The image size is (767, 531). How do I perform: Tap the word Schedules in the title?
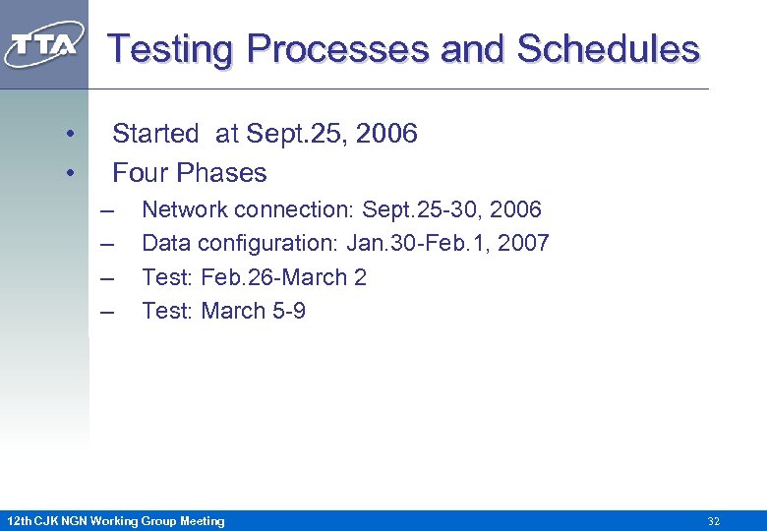coord(608,48)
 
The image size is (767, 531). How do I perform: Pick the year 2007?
coord(523,244)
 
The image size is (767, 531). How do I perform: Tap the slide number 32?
coord(714,521)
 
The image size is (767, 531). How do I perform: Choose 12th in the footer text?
coord(19,521)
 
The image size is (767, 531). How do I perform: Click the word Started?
coord(154,134)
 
